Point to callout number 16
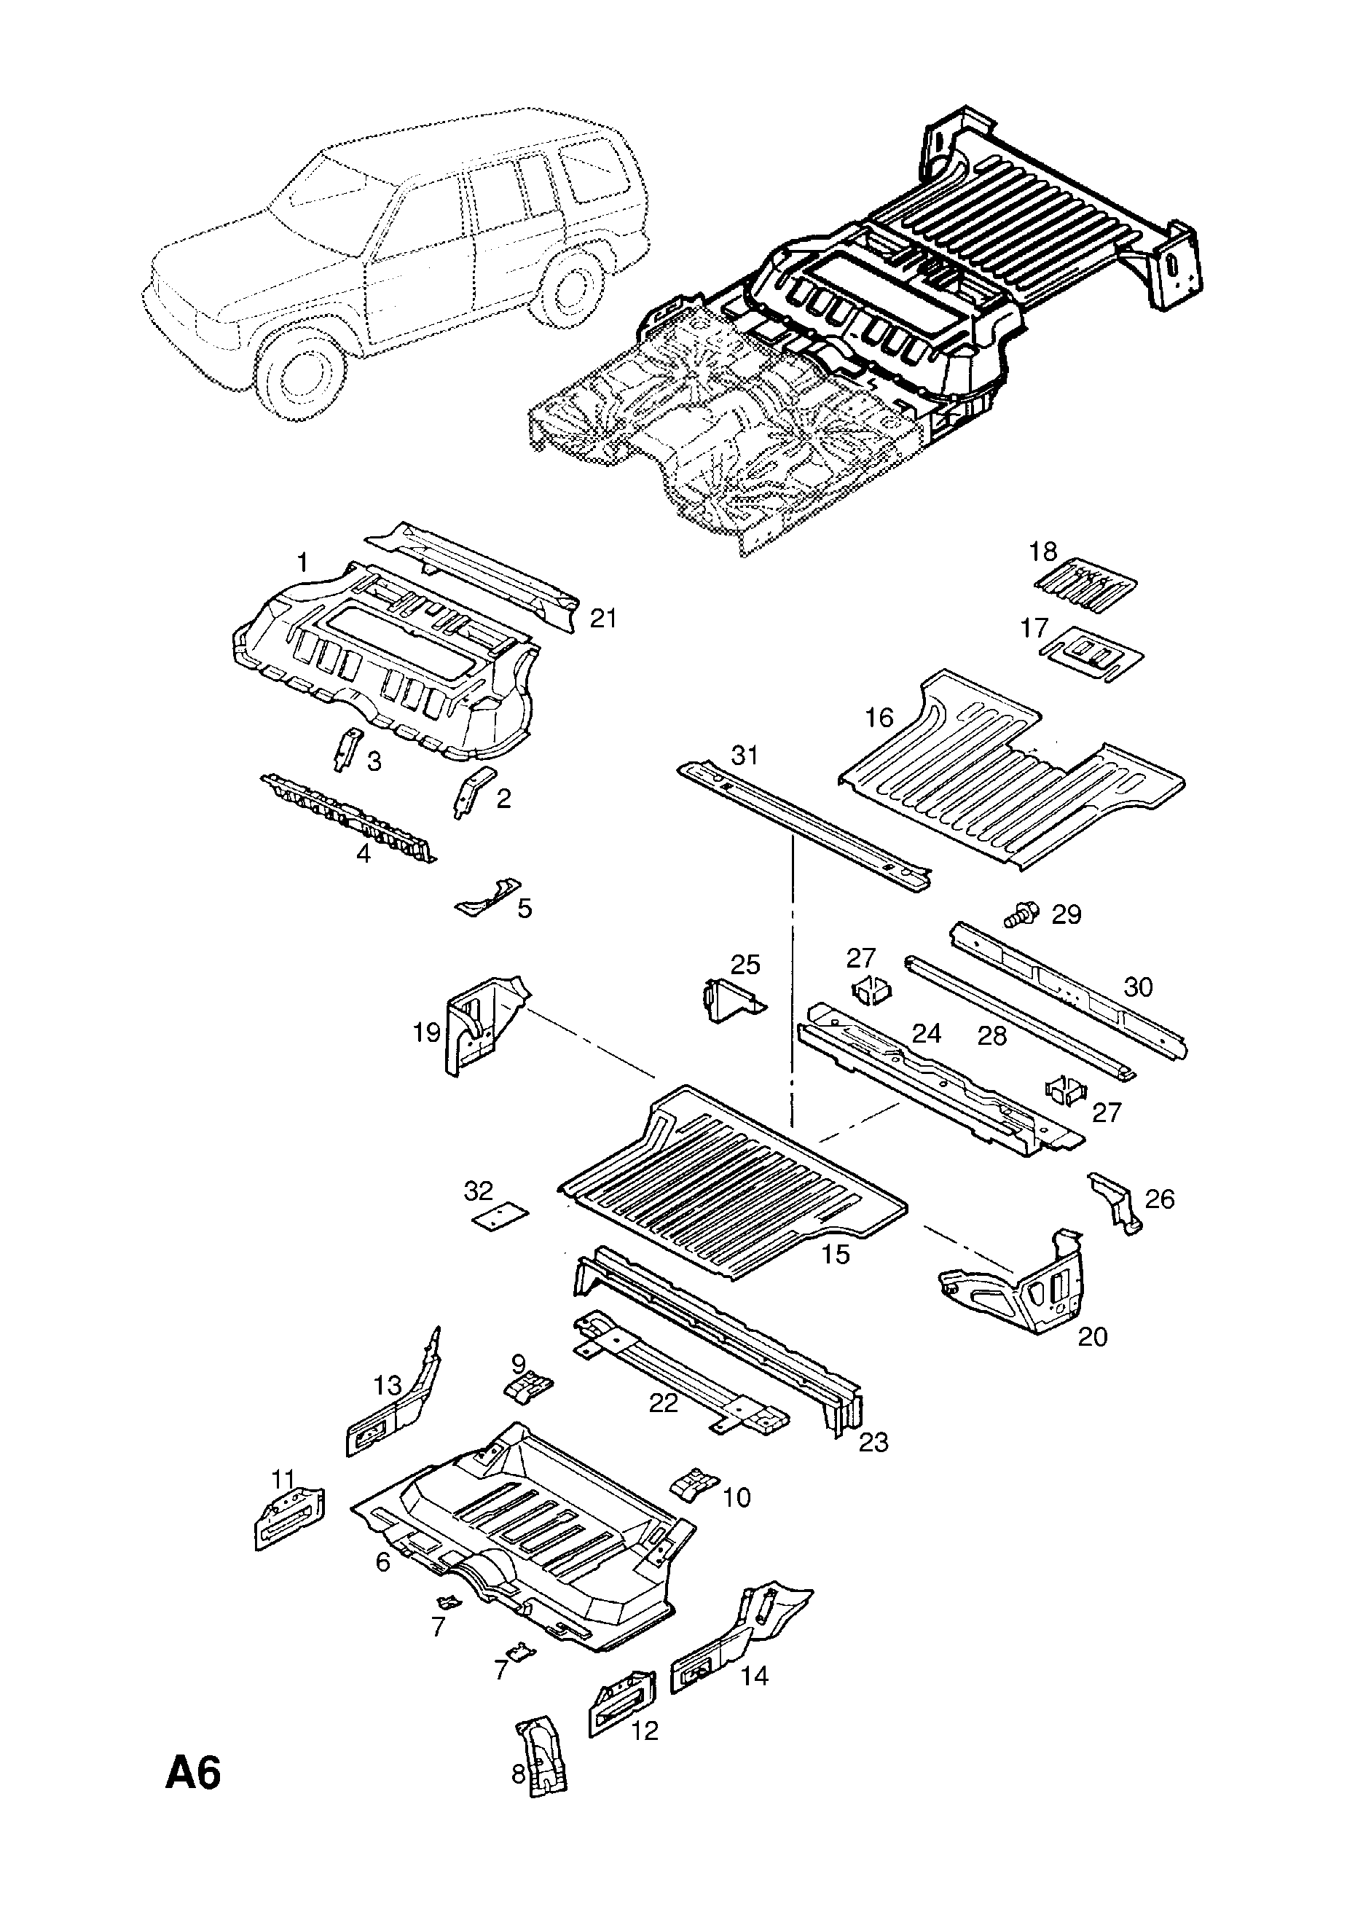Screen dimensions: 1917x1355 tap(879, 717)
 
